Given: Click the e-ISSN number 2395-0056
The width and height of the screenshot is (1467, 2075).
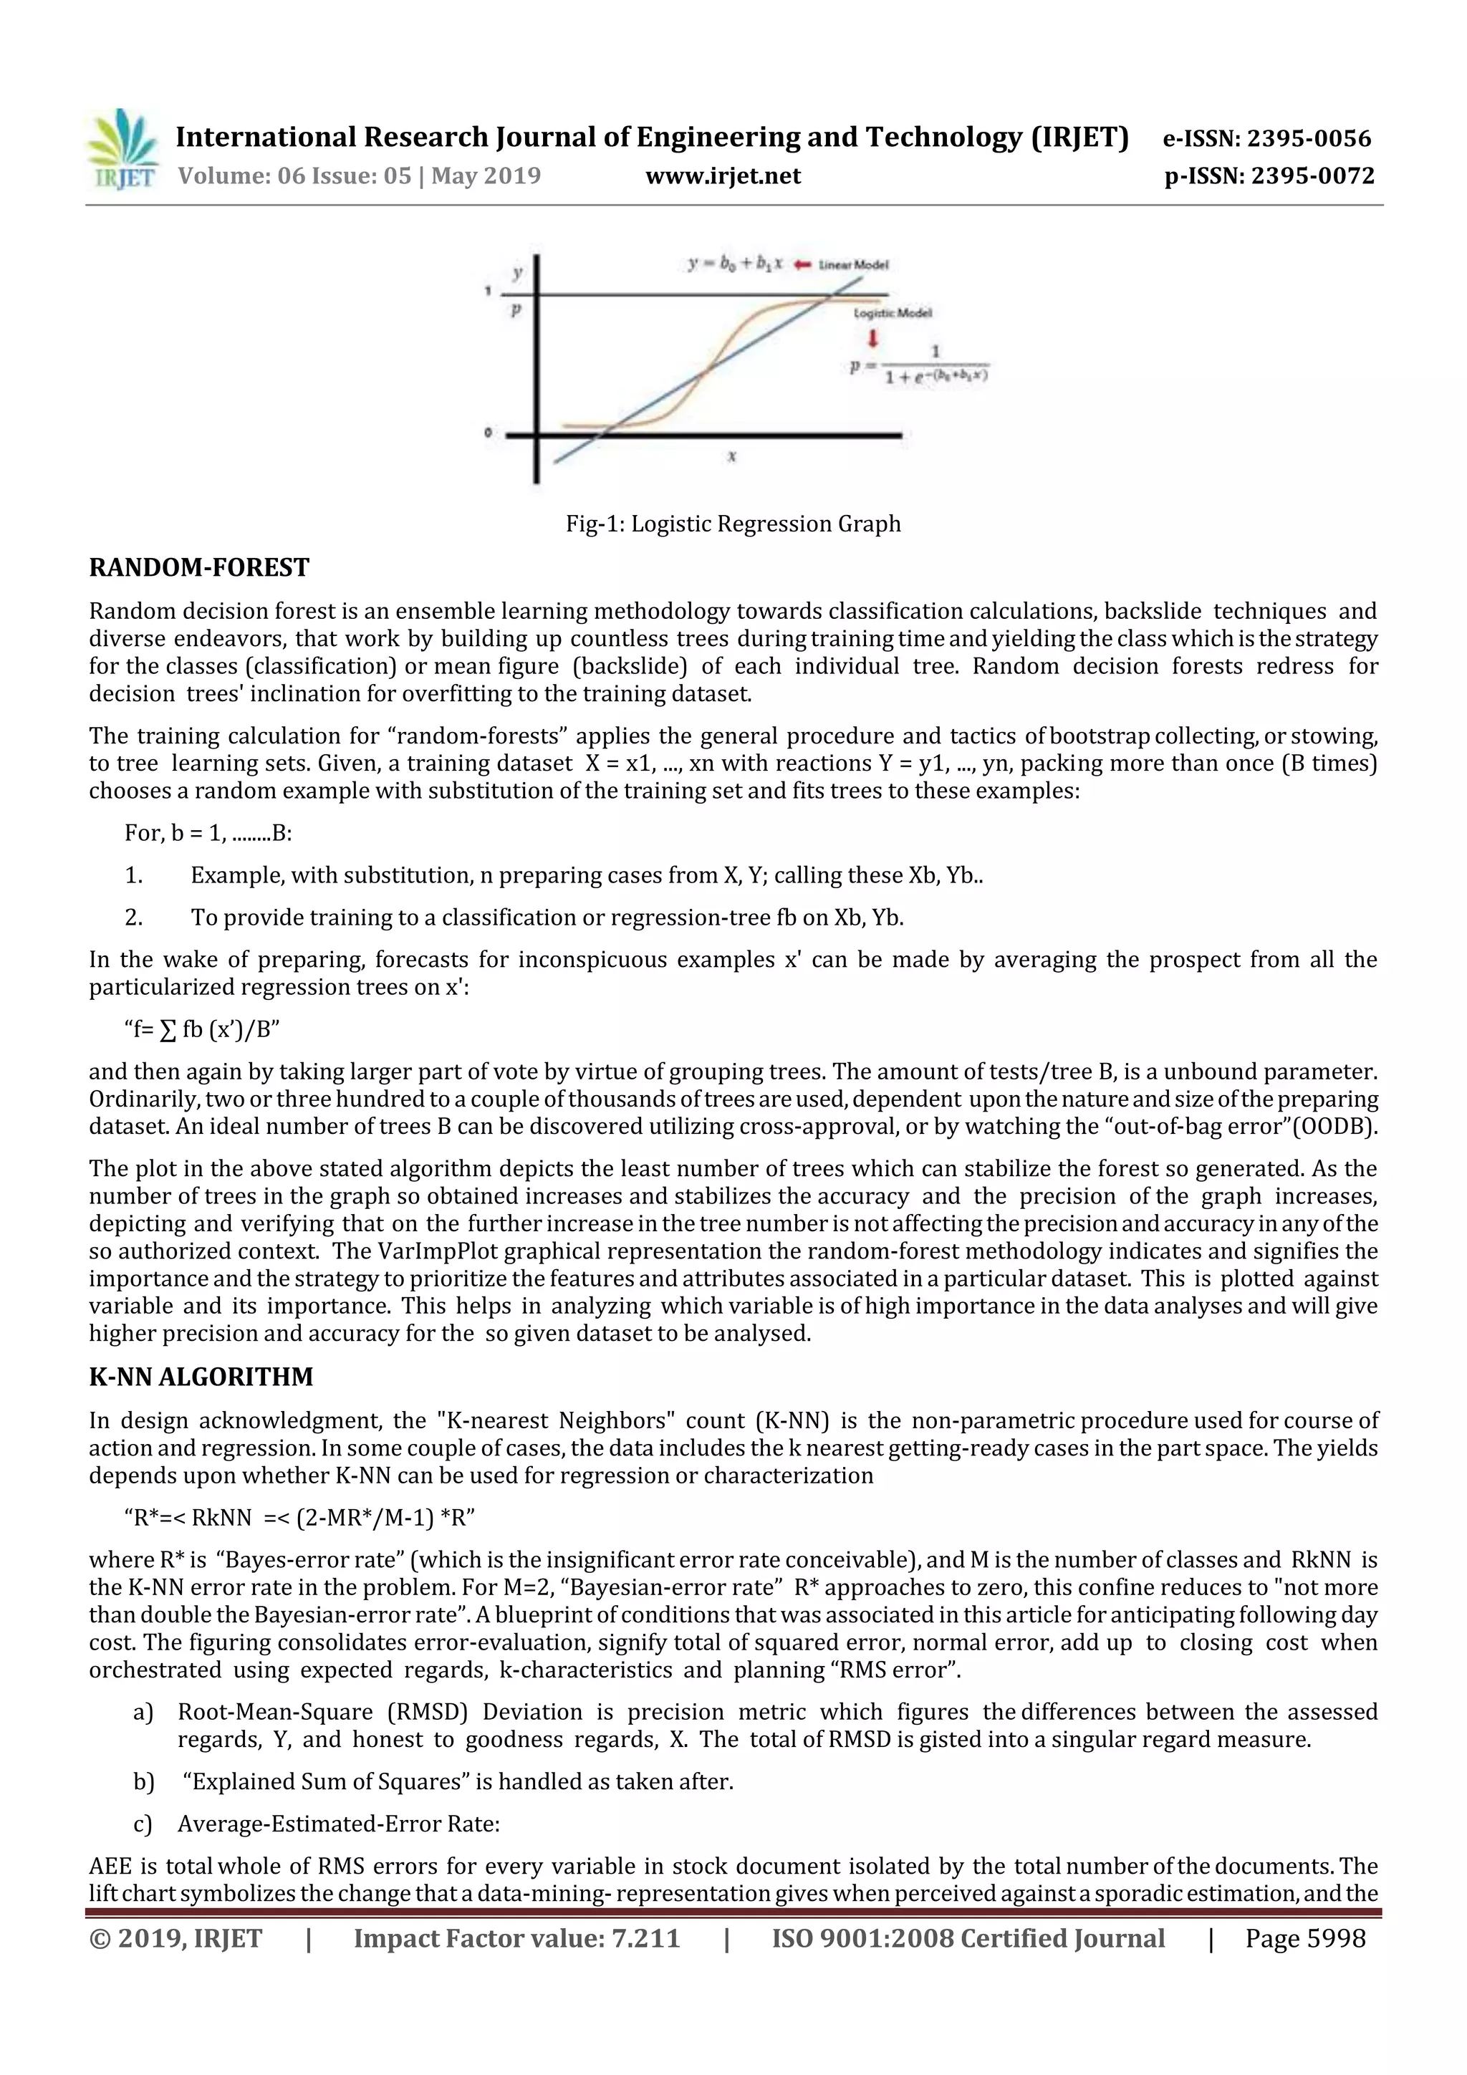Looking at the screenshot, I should point(1309,138).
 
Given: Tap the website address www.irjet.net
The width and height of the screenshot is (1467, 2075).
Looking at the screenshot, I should point(722,175).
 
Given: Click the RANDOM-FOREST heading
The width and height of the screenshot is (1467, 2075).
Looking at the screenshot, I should point(199,567).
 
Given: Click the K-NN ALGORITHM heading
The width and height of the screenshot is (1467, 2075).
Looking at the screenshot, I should point(201,1377).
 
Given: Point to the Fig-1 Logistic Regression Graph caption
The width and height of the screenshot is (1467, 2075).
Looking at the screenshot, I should point(733,524).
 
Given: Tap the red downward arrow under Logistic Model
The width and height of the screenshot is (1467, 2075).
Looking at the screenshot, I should point(873,340).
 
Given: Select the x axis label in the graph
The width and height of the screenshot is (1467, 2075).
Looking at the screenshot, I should point(731,456).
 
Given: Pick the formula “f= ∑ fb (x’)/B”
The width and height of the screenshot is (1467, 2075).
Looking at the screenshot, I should point(201,1029).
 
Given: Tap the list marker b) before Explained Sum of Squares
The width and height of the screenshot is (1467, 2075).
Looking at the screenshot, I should point(143,1781).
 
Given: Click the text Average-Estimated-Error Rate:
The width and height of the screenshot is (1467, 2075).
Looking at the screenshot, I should point(338,1824).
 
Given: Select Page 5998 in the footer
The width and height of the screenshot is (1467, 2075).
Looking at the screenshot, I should point(1304,1938).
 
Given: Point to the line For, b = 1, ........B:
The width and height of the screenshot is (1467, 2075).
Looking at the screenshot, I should point(208,833).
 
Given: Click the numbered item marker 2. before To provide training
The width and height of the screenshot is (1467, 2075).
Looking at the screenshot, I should point(134,918).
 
